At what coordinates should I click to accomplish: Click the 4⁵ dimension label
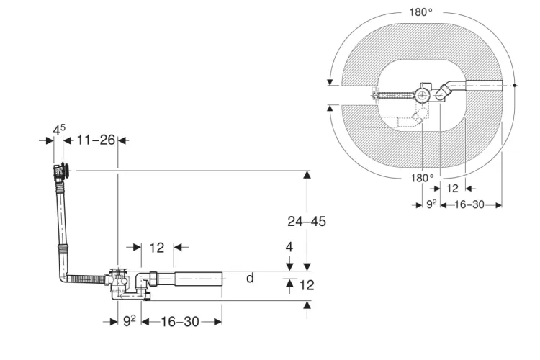59,130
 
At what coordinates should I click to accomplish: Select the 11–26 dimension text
96,140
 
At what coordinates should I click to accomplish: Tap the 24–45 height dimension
307,221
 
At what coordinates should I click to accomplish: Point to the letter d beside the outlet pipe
250,277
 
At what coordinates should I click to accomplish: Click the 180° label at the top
421,12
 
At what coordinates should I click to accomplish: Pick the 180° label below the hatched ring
422,178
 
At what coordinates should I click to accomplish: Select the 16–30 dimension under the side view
180,322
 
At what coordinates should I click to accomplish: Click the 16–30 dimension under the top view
469,204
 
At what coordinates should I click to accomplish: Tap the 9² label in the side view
129,320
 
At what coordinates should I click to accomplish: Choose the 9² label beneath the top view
431,204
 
